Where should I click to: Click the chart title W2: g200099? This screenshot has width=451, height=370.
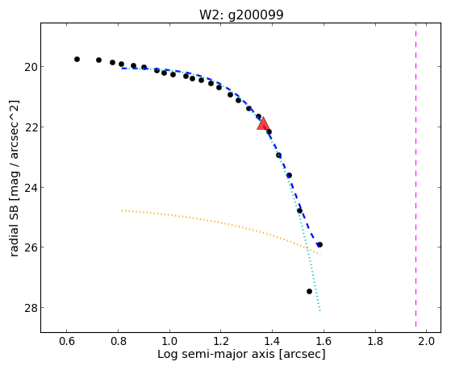[241, 15]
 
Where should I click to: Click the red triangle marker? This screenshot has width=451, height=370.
[263, 123]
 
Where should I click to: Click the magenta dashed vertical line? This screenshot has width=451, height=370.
[416, 175]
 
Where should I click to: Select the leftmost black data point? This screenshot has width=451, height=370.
[77, 59]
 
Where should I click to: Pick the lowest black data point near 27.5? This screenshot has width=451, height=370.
[309, 292]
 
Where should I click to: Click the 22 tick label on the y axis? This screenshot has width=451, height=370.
[31, 127]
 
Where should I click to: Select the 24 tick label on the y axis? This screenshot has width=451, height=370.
[31, 188]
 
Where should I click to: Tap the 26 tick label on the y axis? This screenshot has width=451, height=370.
[31, 247]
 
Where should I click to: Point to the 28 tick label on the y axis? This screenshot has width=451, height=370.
[31, 308]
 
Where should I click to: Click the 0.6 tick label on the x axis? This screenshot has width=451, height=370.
[67, 341]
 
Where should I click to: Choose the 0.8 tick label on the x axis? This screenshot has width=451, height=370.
[118, 341]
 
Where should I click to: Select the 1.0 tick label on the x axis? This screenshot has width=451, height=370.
[169, 341]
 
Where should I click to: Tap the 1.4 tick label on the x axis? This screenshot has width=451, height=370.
[272, 341]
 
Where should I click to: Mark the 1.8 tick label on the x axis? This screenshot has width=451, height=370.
[375, 341]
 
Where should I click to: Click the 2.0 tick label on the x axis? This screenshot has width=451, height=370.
[426, 341]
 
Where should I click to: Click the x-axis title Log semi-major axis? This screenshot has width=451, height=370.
[216, 354]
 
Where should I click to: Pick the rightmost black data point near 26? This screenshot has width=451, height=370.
[319, 245]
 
